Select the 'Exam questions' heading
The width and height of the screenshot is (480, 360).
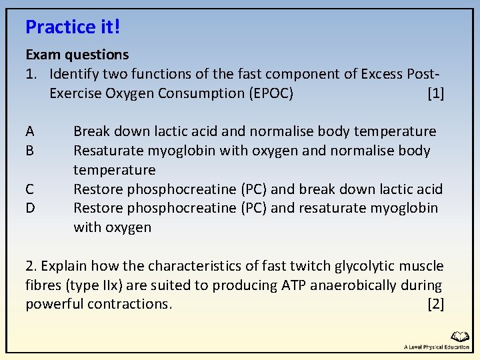77,54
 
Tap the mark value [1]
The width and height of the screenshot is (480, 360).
435,93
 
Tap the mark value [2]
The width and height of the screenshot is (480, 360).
435,305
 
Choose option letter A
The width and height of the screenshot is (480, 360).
30,131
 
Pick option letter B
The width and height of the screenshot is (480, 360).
30,151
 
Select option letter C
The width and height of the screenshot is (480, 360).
30,189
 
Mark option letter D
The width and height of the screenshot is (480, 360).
30,208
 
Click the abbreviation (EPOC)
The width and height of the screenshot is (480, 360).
271,93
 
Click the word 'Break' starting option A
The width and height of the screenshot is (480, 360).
92,131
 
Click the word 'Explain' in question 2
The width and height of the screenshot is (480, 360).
65,266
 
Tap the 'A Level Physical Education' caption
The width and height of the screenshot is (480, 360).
437,347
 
